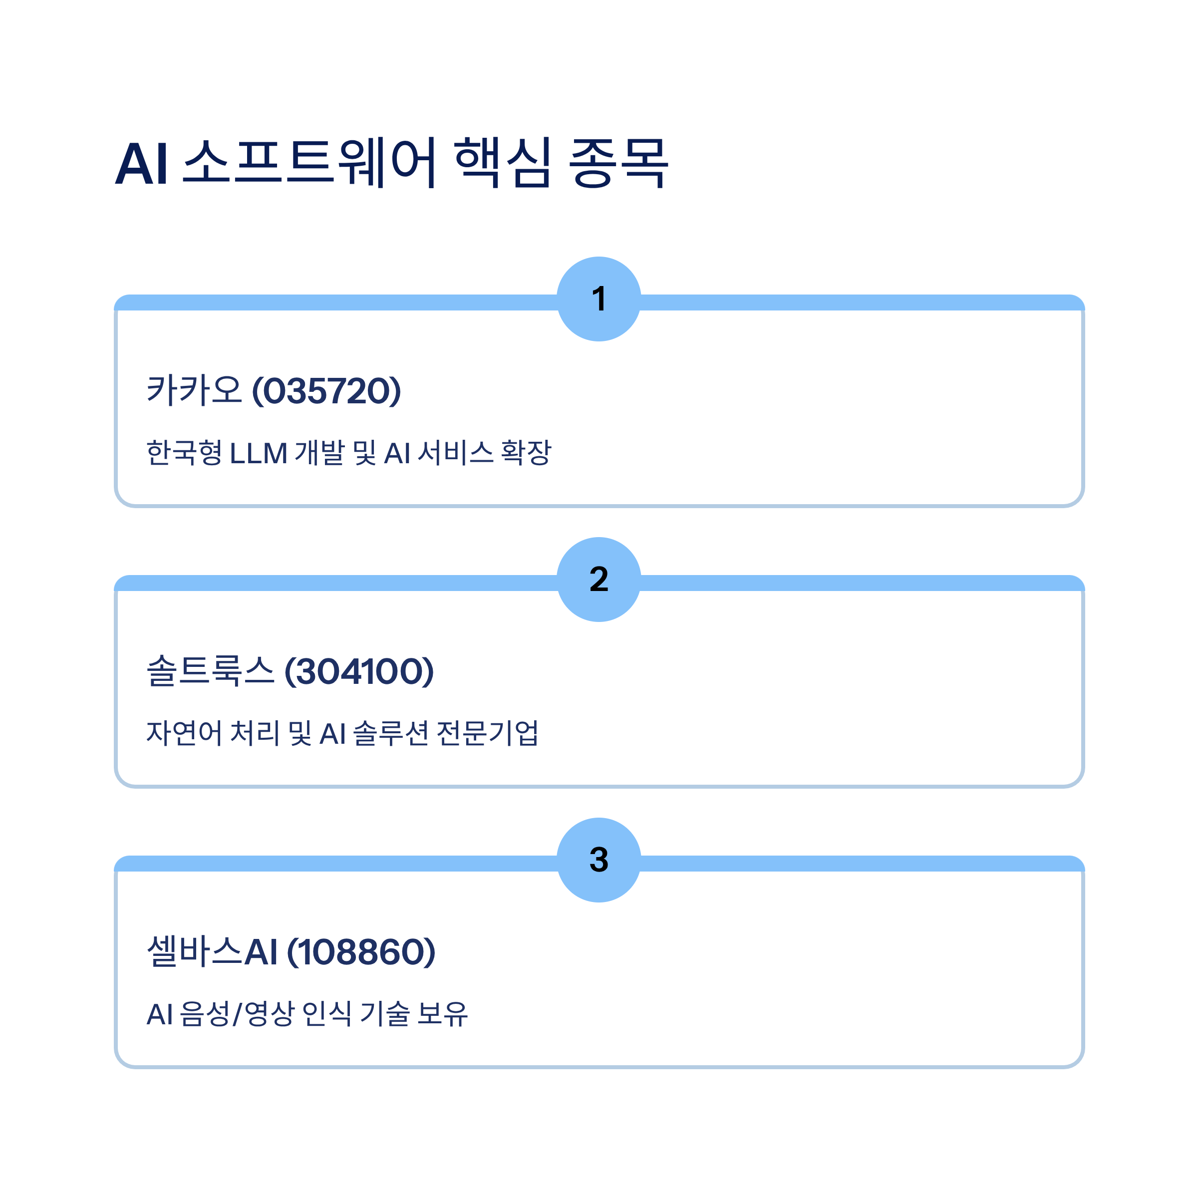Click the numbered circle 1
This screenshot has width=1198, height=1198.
599,299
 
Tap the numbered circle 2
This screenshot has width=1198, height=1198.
599,579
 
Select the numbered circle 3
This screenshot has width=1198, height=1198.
599,860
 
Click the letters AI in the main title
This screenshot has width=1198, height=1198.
142,164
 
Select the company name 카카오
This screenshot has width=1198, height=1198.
194,391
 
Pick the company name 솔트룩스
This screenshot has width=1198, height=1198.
210,671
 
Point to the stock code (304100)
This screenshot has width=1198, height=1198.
359,671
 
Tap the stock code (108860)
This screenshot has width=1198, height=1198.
361,952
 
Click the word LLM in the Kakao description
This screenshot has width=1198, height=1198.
259,453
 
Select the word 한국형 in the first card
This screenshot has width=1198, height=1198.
184,453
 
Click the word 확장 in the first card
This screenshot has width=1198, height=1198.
526,453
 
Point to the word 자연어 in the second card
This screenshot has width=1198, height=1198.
184,733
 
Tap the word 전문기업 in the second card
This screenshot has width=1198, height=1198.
487,733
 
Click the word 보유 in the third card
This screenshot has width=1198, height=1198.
442,1014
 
